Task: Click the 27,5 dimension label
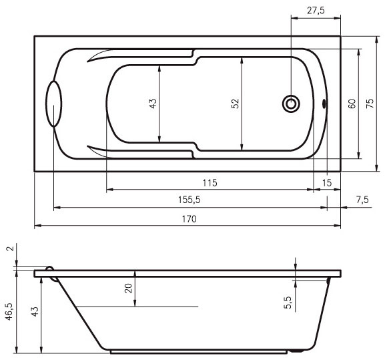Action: point(316,11)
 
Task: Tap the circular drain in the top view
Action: point(291,104)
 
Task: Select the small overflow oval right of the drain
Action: point(324,104)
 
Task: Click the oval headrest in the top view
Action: point(54,104)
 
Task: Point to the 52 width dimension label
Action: point(235,104)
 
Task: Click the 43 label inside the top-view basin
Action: point(153,104)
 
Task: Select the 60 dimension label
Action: point(352,104)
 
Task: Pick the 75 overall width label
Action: point(370,104)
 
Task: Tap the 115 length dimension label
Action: point(210,183)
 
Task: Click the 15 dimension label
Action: point(327,183)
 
